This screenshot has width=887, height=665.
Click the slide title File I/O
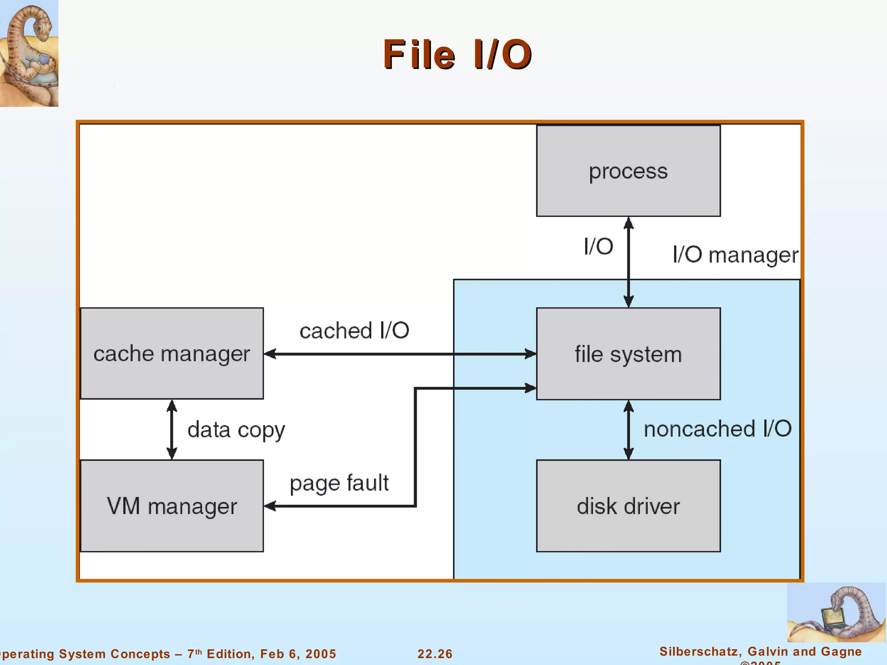(457, 55)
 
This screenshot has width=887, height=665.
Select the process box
(628, 171)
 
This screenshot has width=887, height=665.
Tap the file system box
(628, 354)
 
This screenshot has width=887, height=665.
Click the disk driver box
(628, 506)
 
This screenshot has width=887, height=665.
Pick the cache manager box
(172, 353)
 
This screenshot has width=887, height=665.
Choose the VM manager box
(172, 506)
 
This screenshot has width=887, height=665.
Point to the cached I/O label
(354, 331)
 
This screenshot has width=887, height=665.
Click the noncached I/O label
(717, 429)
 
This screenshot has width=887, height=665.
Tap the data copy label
(236, 430)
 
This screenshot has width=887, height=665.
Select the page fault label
(339, 483)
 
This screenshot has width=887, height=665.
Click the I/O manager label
(735, 255)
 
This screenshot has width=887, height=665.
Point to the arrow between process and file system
(628, 262)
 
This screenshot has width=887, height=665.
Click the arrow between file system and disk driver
(628, 429)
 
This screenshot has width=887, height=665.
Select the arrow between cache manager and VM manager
(172, 429)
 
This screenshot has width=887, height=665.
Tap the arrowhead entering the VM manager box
(270, 506)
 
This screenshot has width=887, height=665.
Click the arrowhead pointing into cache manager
(270, 354)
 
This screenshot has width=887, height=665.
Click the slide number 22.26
(435, 654)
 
